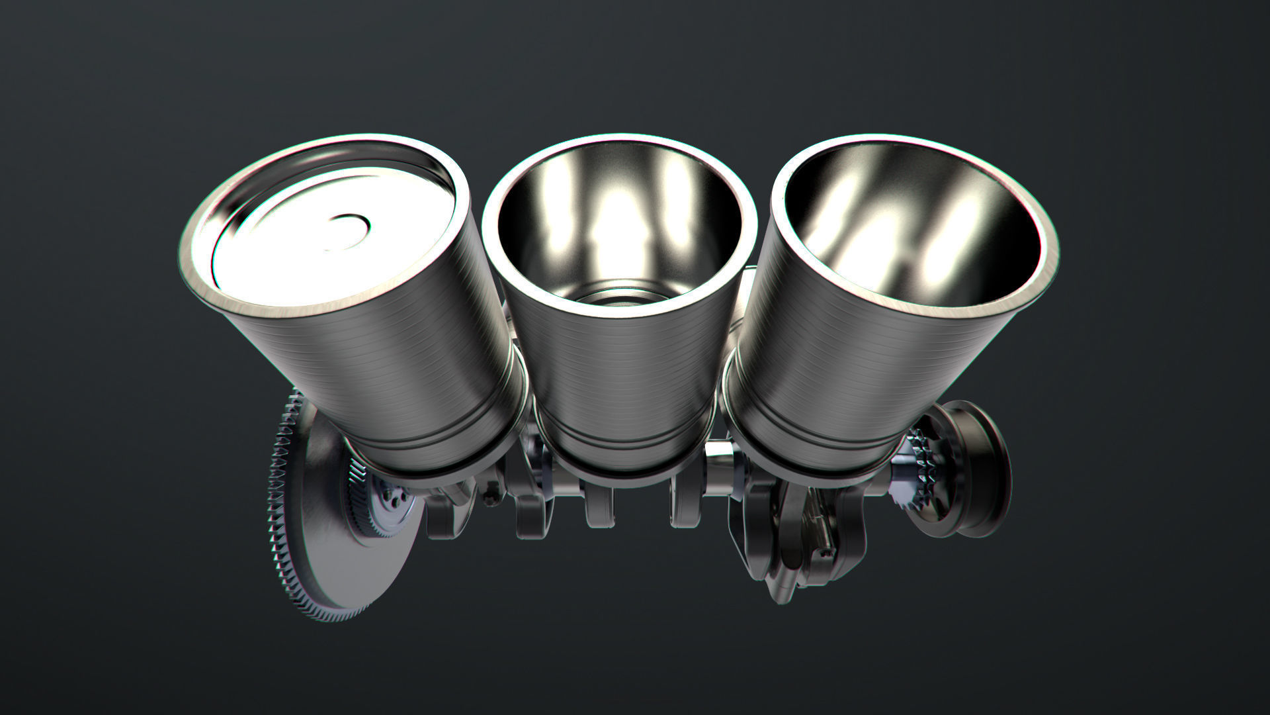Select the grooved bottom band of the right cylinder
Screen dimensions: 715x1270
pyautogui.click(x=814, y=450)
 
